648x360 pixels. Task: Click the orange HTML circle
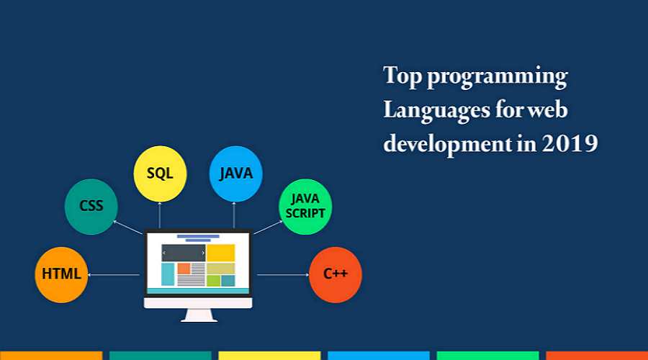[x=61, y=275]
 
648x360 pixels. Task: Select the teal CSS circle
[x=91, y=207]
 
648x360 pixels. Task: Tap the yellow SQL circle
[x=160, y=174]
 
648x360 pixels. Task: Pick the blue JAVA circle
[x=235, y=174]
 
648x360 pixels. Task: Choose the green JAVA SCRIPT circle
[x=305, y=207]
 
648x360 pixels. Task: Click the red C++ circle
[x=335, y=275]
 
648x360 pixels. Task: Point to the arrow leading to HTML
[x=114, y=275]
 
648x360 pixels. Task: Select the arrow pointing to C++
[x=283, y=275]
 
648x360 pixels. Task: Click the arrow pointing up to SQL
[x=160, y=215]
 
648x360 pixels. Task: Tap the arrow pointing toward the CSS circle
[x=128, y=228]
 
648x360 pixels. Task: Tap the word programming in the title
[x=497, y=77]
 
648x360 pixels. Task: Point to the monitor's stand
[x=199, y=315]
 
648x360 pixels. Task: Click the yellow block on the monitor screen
[x=221, y=253]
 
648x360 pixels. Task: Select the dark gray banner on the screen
[x=184, y=253]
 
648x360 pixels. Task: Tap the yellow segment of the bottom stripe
[x=269, y=356]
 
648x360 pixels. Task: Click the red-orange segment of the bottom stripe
[x=597, y=356]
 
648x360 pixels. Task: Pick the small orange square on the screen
[x=184, y=269]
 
